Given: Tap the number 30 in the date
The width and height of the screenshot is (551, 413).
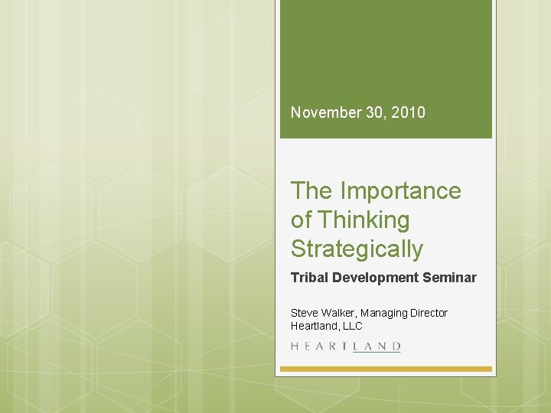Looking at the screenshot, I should (x=373, y=112).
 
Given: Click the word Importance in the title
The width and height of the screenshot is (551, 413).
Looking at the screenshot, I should (x=400, y=190).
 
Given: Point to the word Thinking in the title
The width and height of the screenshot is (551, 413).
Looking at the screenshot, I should (x=364, y=220).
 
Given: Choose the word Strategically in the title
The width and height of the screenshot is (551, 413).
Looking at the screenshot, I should (x=357, y=249).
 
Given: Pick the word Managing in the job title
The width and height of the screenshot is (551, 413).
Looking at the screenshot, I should (x=385, y=313).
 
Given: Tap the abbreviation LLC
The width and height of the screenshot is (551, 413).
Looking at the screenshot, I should (x=352, y=326).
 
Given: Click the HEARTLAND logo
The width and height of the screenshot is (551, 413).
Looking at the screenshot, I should (x=346, y=346).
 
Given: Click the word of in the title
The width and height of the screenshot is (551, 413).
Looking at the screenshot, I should (x=301, y=220).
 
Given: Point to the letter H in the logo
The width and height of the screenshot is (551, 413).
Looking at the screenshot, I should (x=295, y=346).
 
